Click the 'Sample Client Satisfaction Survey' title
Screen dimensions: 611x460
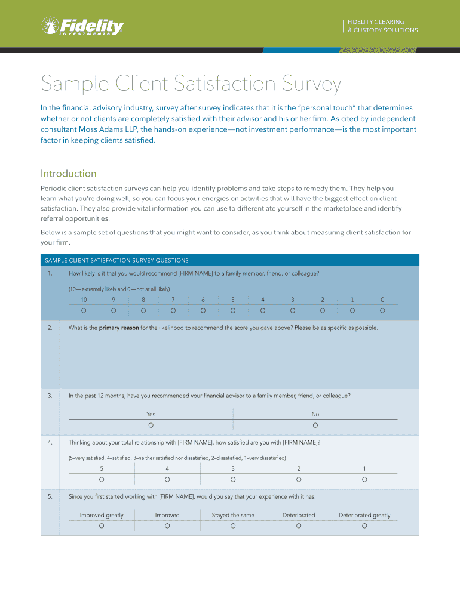(x=191, y=84)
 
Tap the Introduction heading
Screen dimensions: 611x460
(x=68, y=174)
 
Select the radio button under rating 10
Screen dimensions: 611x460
(x=84, y=310)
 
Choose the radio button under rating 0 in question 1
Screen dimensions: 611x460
(x=382, y=310)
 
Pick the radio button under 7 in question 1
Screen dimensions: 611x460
(x=173, y=310)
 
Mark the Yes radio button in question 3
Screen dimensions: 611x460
(x=151, y=425)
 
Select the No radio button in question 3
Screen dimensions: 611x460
(x=315, y=425)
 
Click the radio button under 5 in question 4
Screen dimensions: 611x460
(x=102, y=479)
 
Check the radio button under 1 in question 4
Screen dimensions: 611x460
(x=364, y=479)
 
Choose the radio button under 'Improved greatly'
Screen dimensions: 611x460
(x=102, y=526)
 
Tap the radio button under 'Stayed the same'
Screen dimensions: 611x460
(x=233, y=526)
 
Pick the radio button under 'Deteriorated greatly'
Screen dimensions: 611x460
(x=364, y=526)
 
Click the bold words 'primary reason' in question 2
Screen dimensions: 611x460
(x=119, y=328)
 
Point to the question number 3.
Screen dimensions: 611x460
(x=50, y=396)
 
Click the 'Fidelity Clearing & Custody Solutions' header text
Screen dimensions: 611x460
(x=383, y=26)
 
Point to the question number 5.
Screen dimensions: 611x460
(x=50, y=496)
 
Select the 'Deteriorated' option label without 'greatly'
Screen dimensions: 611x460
(x=299, y=515)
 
